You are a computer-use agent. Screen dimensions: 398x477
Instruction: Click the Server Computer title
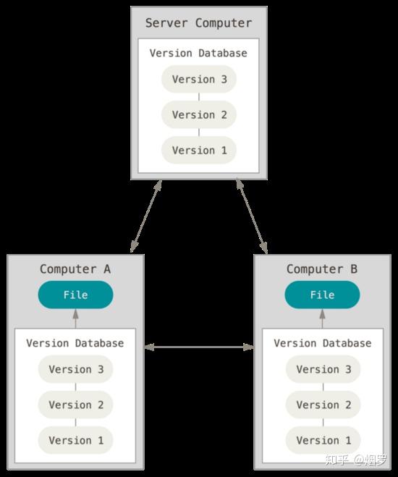pyautogui.click(x=198, y=23)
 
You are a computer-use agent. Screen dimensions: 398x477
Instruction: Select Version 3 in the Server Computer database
pyautogui.click(x=199, y=79)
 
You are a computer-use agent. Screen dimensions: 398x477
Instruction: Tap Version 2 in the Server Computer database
pyautogui.click(x=199, y=114)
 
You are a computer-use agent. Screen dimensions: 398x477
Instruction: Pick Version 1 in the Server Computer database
pyautogui.click(x=199, y=151)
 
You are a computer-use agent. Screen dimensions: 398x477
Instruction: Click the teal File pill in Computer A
pyautogui.click(x=75, y=295)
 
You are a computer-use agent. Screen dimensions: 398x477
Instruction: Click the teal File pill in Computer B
pyautogui.click(x=322, y=295)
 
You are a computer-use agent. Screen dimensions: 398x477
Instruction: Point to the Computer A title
pyautogui.click(x=75, y=269)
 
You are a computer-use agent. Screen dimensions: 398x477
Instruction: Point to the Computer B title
pyautogui.click(x=322, y=269)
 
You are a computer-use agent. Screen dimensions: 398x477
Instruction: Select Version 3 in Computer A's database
pyautogui.click(x=75, y=369)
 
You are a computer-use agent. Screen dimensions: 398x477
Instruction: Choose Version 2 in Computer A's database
pyautogui.click(x=75, y=405)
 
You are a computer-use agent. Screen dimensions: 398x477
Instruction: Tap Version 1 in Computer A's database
pyautogui.click(x=75, y=441)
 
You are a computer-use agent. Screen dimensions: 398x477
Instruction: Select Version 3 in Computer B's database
pyautogui.click(x=323, y=369)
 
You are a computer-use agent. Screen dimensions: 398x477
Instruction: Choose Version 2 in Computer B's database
pyautogui.click(x=323, y=405)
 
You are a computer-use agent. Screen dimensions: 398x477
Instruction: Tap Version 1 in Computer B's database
pyautogui.click(x=323, y=441)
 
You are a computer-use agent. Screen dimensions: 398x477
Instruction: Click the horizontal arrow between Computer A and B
pyautogui.click(x=199, y=347)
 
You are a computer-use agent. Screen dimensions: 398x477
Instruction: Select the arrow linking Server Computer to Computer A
pyautogui.click(x=146, y=216)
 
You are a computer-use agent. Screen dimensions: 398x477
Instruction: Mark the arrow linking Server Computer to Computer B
pyautogui.click(x=252, y=216)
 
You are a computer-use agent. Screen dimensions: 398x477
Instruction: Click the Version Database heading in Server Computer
pyautogui.click(x=198, y=54)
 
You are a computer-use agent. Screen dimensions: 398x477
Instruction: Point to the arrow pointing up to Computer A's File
pyautogui.click(x=76, y=318)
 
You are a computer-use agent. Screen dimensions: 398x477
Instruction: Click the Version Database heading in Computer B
pyautogui.click(x=322, y=343)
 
